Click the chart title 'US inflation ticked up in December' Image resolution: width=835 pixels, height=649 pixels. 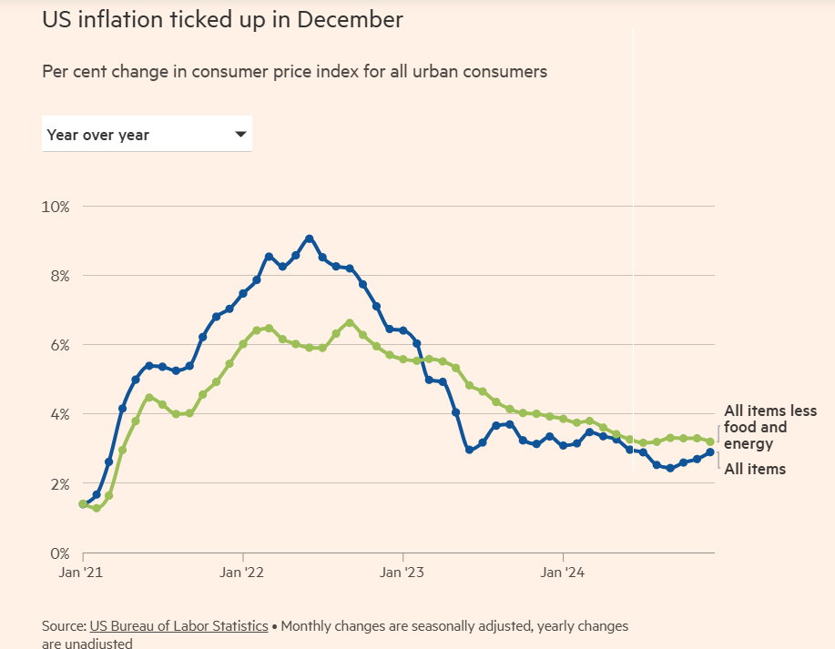tap(222, 20)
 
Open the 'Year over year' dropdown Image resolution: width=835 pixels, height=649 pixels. tap(146, 135)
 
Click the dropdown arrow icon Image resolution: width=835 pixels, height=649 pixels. tap(240, 134)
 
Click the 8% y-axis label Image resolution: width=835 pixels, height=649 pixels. tap(58, 276)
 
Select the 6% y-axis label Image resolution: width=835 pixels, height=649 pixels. tap(58, 345)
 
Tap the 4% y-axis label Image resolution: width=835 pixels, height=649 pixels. tap(58, 414)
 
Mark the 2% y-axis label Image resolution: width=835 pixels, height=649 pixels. tap(58, 483)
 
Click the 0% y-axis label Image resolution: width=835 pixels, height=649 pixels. tap(58, 553)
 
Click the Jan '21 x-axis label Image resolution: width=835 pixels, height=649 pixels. tap(83, 573)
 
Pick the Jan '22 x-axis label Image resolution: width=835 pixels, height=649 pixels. tap(243, 573)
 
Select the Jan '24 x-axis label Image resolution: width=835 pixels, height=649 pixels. tap(563, 573)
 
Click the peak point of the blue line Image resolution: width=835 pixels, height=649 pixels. tap(310, 238)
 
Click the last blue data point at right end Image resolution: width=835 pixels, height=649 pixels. tap(709, 452)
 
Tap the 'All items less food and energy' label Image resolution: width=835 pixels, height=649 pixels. tap(769, 428)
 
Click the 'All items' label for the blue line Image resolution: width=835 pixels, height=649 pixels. tap(754, 469)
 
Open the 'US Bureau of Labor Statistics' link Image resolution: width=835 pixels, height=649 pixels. tap(178, 626)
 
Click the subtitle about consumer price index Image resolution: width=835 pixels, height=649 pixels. tap(294, 71)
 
